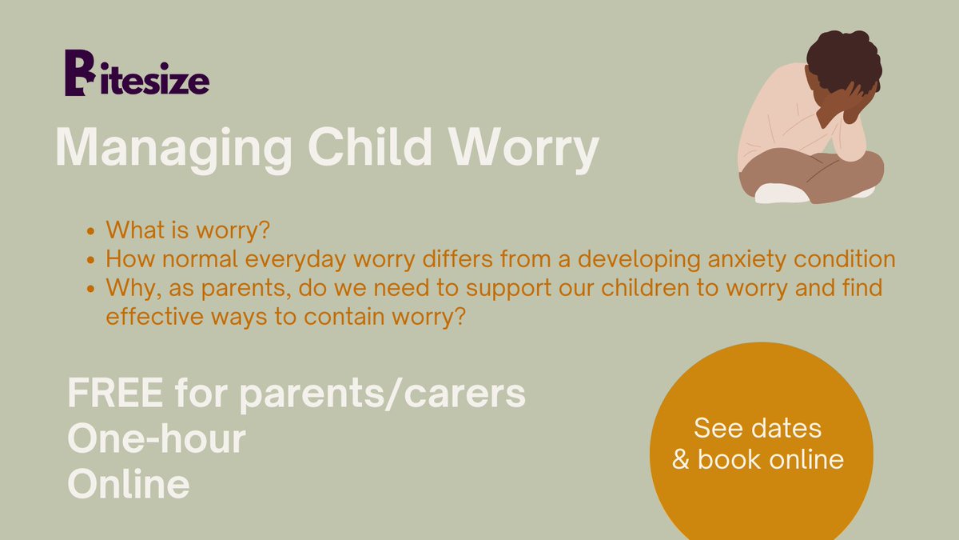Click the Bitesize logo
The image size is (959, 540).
(x=137, y=74)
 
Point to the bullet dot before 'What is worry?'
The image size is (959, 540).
(x=91, y=232)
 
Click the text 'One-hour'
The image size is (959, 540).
(x=157, y=439)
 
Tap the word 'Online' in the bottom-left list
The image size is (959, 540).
(x=129, y=483)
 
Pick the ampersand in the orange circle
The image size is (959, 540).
(x=681, y=460)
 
